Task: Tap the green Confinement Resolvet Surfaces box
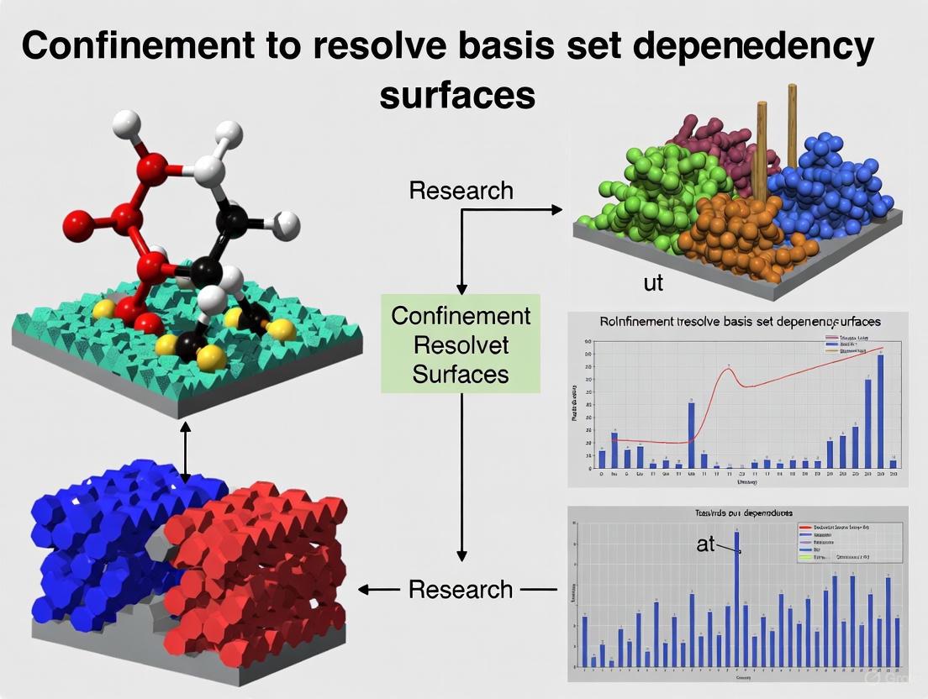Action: [461, 344]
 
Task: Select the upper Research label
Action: [461, 191]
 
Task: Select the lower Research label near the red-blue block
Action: [461, 589]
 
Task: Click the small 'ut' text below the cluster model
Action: [653, 283]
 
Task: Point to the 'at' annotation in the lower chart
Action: [705, 544]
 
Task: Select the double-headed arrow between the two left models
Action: [186, 452]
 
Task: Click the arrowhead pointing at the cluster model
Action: [556, 210]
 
